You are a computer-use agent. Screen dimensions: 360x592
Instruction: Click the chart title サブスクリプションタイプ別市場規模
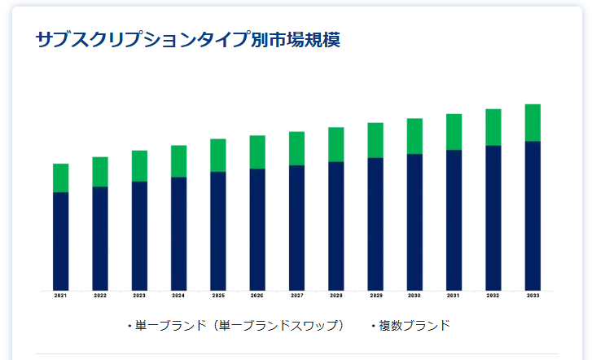188,39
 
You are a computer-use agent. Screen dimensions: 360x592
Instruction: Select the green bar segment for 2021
60,178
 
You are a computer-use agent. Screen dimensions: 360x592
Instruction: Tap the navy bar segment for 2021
60,241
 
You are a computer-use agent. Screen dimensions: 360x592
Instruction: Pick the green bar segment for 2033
533,123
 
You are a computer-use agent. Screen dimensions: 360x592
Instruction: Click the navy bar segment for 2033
533,216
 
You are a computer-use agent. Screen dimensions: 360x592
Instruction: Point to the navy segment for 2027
296,227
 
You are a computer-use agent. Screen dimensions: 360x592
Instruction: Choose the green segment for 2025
218,155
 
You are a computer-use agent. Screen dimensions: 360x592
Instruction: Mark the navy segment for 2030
414,222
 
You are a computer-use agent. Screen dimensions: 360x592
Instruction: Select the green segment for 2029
375,140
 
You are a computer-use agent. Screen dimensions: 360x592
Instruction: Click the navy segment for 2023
139,235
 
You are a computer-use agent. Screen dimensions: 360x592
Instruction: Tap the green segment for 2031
454,132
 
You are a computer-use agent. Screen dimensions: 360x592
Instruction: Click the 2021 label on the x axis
60,296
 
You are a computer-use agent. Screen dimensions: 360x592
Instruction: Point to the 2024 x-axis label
178,296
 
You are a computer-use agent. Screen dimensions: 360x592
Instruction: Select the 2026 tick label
257,296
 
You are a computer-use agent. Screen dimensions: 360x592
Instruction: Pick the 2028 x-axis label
335,296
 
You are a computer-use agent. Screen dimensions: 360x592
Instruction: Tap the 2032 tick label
493,296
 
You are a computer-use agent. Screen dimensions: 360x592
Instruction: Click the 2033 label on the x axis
533,296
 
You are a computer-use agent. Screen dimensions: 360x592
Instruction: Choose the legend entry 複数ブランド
414,326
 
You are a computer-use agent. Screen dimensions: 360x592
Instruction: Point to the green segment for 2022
100,172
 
